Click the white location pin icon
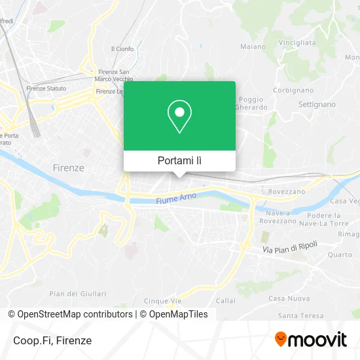coord(179,117)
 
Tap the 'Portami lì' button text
coord(179,160)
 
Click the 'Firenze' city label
coord(68,168)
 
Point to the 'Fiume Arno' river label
coord(176,200)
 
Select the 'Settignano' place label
coord(317,104)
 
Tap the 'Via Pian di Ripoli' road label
coord(290,247)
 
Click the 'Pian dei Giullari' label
coord(78,293)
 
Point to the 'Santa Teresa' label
coord(300,315)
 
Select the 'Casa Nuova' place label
coord(289,298)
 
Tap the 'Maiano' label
coord(253,46)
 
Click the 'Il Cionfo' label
coord(122,48)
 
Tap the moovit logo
coord(310,339)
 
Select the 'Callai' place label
coord(225,301)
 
